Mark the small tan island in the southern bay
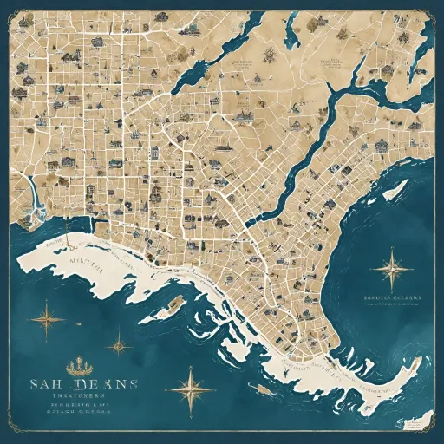tap(173, 303)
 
